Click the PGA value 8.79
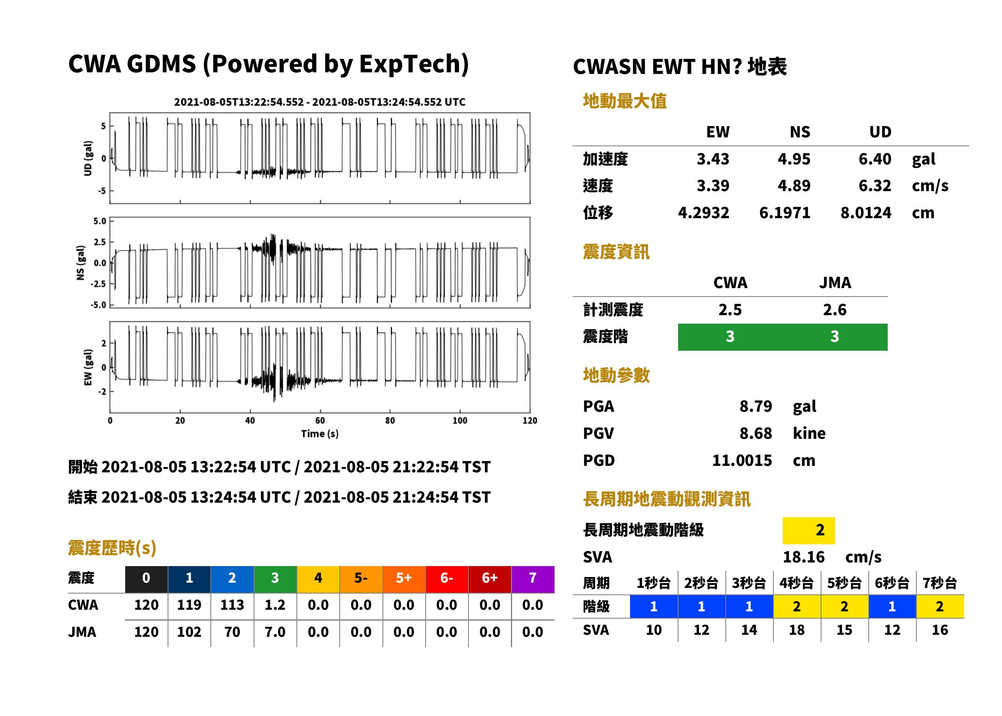point(755,406)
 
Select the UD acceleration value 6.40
point(875,159)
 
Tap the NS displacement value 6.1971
point(784,213)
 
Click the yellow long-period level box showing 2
point(809,531)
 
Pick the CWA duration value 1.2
point(275,605)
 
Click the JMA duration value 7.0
point(275,632)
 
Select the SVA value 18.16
point(803,557)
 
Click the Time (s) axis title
point(320,434)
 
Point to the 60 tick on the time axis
point(320,421)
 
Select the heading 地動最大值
point(625,101)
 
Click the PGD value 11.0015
point(742,460)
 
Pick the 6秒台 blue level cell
point(892,606)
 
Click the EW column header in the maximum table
point(717,132)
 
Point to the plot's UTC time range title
point(320,102)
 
